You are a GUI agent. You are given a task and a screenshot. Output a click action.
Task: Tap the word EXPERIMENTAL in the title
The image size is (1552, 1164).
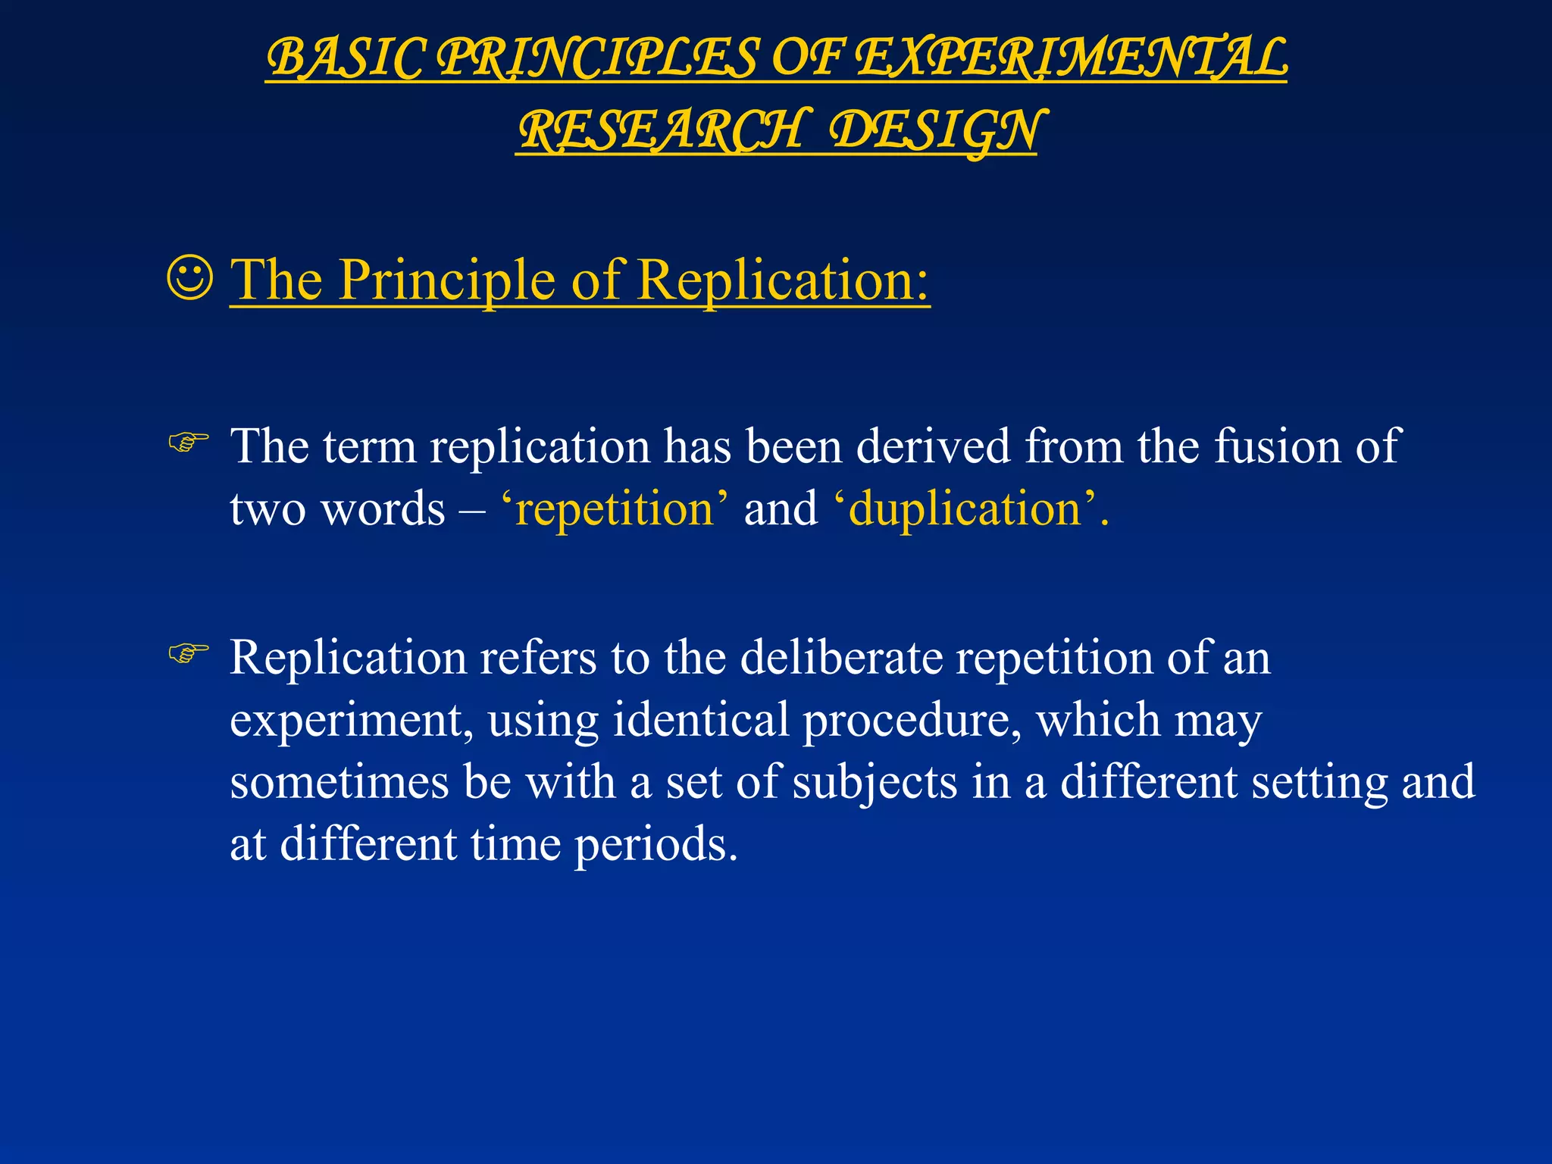pos(1072,58)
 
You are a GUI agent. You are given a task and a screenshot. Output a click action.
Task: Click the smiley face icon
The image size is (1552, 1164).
pos(189,279)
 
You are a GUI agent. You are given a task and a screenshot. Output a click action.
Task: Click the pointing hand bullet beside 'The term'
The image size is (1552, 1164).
pos(188,442)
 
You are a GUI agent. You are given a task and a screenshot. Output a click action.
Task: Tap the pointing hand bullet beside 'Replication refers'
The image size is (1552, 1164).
pos(188,652)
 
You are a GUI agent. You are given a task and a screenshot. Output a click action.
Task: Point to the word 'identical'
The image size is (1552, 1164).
pos(701,719)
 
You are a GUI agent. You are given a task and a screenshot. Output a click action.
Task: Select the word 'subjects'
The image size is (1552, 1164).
pos(875,783)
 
